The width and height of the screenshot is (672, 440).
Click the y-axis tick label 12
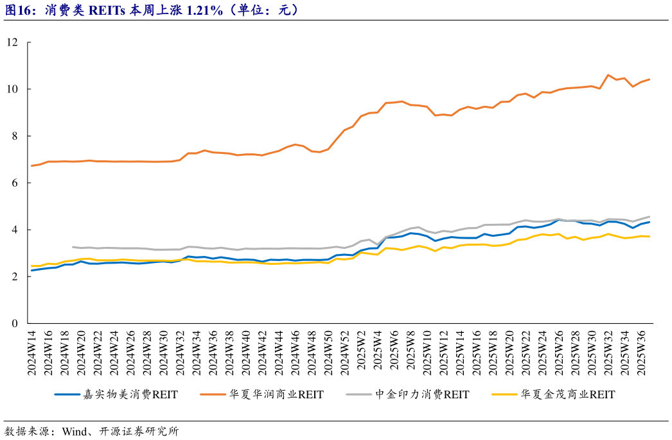tap(13, 42)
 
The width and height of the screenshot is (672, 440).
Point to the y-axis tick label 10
tap(13, 89)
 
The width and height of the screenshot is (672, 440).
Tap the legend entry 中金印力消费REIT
tap(425, 394)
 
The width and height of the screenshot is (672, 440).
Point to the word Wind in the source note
tap(74, 431)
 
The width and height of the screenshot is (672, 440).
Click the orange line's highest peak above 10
tap(608, 75)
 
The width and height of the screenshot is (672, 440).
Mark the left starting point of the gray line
tap(73, 247)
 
